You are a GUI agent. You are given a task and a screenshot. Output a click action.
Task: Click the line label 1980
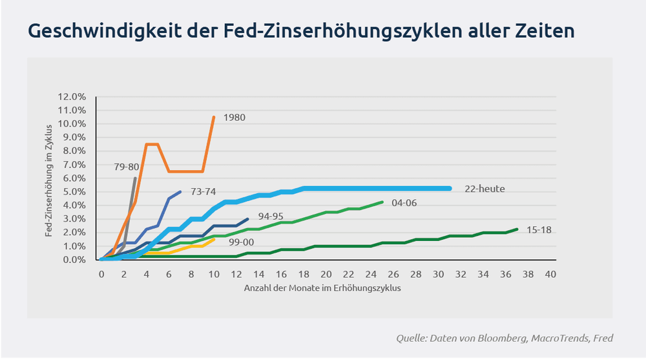(234, 118)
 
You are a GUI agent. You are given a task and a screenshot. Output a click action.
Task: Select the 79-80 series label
(126, 167)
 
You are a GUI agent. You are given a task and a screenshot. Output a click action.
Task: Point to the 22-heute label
(484, 189)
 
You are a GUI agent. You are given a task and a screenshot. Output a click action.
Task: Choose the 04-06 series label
(405, 202)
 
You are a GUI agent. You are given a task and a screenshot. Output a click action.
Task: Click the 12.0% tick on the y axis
(72, 96)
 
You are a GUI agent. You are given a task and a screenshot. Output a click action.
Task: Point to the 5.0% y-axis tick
(74, 191)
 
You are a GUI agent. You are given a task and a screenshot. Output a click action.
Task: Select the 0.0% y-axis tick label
(74, 259)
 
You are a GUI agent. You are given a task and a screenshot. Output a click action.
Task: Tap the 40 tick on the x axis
(550, 274)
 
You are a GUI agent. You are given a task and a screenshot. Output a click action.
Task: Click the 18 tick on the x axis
(304, 274)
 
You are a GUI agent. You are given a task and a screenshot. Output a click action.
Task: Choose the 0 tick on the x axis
(101, 274)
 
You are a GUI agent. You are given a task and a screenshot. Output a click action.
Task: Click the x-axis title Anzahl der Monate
(323, 288)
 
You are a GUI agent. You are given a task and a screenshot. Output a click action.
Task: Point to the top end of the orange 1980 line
(214, 117)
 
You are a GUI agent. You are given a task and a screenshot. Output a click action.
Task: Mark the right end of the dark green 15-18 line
(517, 229)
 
